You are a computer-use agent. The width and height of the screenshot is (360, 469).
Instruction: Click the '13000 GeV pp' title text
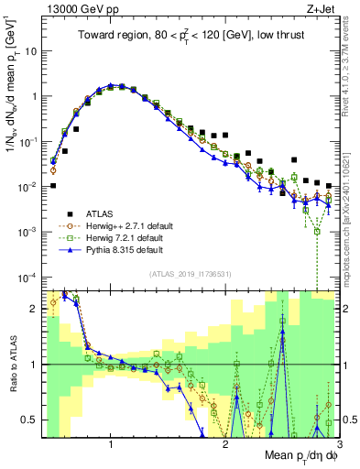(x=75, y=9)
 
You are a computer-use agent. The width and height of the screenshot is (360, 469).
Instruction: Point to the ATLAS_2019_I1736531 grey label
(x=190, y=274)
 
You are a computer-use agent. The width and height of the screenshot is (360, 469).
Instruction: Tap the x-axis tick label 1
(x=111, y=444)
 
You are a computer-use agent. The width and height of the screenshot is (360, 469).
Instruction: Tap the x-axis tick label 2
(x=225, y=444)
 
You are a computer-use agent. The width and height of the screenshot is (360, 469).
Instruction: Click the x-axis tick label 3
(x=338, y=444)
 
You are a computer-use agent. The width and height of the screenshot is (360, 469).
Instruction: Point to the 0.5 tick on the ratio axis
(x=30, y=420)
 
